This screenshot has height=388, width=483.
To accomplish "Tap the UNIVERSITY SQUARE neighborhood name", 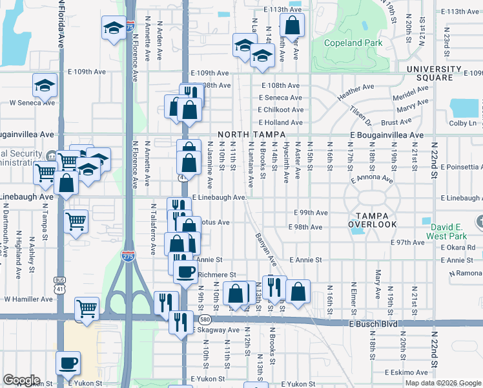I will [434, 73].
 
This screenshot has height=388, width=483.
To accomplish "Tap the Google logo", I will [21, 380].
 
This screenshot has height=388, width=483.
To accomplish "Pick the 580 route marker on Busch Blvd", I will [205, 319].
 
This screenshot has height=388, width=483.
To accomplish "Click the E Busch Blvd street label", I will [371, 322].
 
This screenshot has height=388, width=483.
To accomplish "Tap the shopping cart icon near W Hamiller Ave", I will [87, 308].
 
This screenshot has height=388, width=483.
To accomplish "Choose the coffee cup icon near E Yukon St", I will [67, 361].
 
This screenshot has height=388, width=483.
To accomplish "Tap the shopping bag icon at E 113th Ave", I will [292, 25].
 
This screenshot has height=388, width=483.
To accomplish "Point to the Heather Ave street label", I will [355, 90].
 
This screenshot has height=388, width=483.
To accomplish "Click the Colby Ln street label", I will [462, 123].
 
